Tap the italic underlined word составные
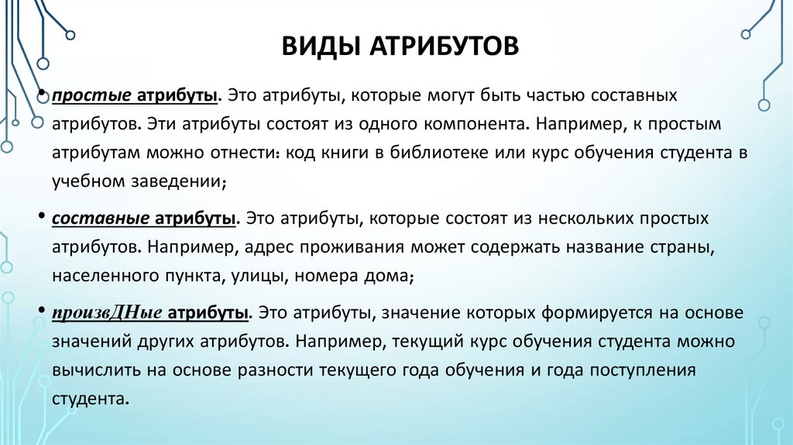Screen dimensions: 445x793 (x=97, y=219)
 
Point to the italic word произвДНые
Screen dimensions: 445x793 (x=97, y=313)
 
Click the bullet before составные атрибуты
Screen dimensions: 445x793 (x=39, y=217)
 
